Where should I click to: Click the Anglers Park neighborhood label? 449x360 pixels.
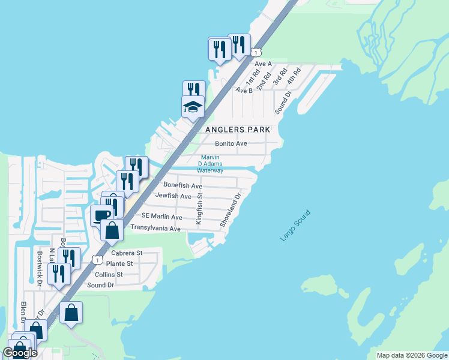[238, 130]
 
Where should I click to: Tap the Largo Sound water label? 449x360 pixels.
[295, 226]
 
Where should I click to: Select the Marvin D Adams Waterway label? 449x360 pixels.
[211, 164]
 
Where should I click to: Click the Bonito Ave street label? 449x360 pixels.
[231, 144]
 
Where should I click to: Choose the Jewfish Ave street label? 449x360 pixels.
[173, 196]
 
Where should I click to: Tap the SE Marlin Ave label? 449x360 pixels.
[161, 217]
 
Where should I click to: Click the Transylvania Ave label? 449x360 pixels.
[155, 229]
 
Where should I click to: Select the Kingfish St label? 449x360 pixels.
[200, 209]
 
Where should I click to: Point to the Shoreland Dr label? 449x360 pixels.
[231, 209]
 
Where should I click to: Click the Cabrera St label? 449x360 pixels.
[127, 253]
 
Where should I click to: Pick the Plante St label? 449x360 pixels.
[119, 263]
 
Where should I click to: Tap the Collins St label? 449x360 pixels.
[109, 274]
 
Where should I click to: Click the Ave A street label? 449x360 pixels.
[264, 63]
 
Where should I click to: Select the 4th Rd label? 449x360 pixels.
[294, 76]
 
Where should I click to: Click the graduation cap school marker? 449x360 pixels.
[193, 107]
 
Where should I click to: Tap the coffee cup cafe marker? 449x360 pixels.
[101, 215]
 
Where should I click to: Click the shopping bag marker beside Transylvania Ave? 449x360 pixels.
[112, 229]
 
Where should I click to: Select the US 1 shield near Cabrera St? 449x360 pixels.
[96, 260]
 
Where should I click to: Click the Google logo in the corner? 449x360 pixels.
[20, 353]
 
